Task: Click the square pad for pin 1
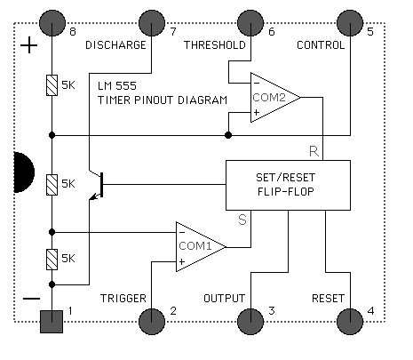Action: click(x=52, y=322)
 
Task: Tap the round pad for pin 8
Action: click(x=52, y=23)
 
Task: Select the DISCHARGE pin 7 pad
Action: click(x=152, y=23)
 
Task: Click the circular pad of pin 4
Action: click(x=350, y=322)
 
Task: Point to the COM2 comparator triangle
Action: click(x=273, y=97)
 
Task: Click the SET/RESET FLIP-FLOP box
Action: click(x=288, y=185)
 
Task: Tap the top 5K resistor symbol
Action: click(x=52, y=85)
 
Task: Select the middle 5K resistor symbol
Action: click(x=52, y=185)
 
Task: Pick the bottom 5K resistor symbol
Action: click(x=52, y=260)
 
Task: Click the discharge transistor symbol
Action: click(x=96, y=185)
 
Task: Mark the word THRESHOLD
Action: click(x=215, y=45)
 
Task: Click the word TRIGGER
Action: click(x=123, y=298)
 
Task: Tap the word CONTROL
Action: click(x=321, y=45)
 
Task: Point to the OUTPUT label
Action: click(x=225, y=298)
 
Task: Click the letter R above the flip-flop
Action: click(x=314, y=151)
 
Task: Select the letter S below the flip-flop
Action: click(x=242, y=220)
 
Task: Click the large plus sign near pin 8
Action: click(x=28, y=45)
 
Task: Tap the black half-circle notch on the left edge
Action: click(x=24, y=172)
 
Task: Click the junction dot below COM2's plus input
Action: click(x=228, y=135)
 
